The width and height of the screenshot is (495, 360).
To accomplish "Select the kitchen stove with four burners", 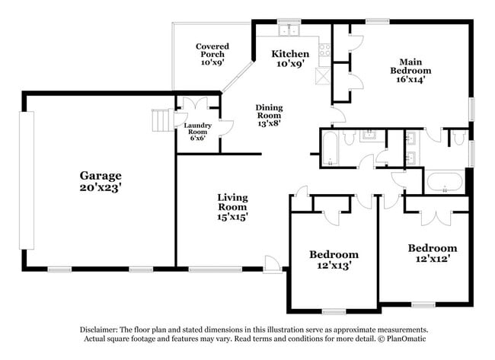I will tap(324, 50).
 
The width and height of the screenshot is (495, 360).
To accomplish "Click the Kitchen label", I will tap(290, 54).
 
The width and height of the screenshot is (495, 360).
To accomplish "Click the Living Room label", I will tap(232, 202).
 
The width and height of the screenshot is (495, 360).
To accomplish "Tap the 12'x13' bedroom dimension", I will tap(333, 266).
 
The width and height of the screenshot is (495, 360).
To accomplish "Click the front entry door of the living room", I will tap(272, 263).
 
